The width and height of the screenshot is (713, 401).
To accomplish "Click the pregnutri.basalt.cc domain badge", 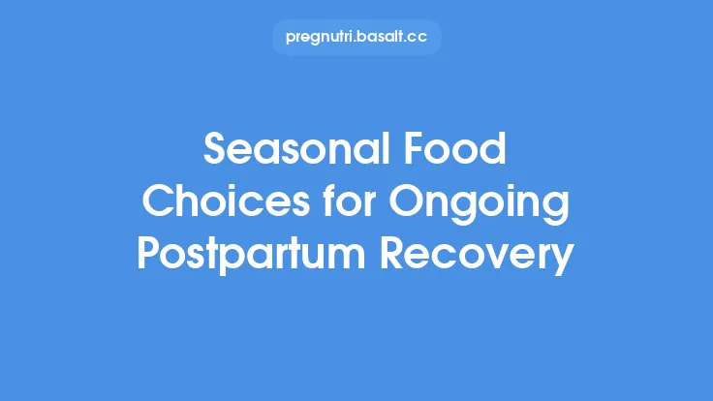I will point(356,37).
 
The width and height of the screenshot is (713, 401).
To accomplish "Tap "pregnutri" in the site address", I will point(321,38).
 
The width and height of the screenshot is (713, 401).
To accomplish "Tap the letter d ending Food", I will point(496,152).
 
